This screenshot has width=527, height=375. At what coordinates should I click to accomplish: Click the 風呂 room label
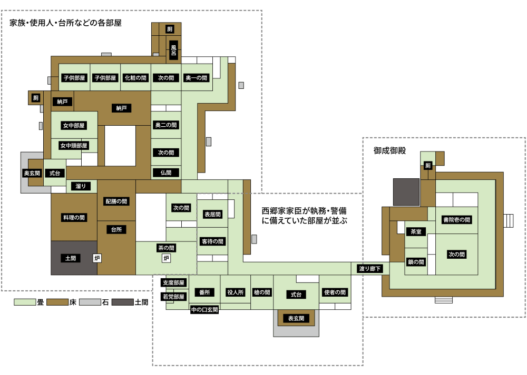(x=173, y=50)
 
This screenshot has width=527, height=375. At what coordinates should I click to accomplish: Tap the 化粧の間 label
(x=135, y=78)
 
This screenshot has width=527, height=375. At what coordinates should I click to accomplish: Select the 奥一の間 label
(x=196, y=78)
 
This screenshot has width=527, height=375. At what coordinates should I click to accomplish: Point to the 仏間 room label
(x=166, y=173)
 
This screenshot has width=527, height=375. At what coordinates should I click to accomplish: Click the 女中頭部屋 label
(x=74, y=146)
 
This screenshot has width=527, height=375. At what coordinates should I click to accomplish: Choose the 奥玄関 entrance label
(x=32, y=173)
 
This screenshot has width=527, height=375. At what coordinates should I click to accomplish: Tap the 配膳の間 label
(x=116, y=201)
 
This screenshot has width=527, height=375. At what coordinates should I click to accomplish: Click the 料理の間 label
(x=74, y=217)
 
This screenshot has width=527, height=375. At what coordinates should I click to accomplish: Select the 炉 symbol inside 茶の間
(x=166, y=258)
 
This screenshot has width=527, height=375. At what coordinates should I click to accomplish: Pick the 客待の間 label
(x=212, y=241)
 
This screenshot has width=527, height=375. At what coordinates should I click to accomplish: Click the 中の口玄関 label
(x=204, y=310)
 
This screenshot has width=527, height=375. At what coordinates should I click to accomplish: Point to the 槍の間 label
(x=262, y=292)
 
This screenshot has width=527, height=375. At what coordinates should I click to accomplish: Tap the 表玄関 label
(x=296, y=318)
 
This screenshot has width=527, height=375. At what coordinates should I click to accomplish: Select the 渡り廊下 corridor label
(x=370, y=269)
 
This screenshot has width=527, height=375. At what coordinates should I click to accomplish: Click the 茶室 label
(x=416, y=231)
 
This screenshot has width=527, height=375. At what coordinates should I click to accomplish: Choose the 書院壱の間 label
(x=456, y=220)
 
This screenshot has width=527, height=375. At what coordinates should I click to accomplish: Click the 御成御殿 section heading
(x=390, y=150)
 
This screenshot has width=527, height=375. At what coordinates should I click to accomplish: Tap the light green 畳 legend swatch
(x=25, y=302)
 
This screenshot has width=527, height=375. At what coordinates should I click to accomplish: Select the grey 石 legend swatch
(x=90, y=302)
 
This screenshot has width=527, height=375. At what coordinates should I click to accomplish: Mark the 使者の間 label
(x=335, y=292)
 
